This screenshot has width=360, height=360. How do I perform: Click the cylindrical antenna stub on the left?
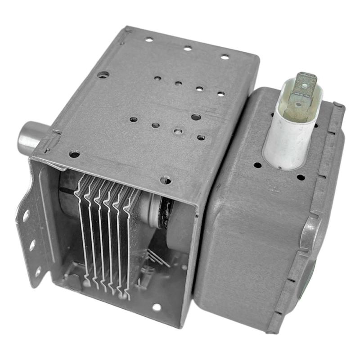tap(28, 137)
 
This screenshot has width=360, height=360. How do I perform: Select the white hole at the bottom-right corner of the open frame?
tap(156, 308)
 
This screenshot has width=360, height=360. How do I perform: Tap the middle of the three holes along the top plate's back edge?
tap(187, 48)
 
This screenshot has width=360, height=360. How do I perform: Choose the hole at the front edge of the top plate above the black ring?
tap(166, 180)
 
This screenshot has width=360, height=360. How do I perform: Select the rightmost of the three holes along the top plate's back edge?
tap(224, 57)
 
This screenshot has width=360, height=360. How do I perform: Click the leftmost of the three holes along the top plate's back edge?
tap(149, 40)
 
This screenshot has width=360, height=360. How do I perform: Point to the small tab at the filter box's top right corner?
tap(338, 107)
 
